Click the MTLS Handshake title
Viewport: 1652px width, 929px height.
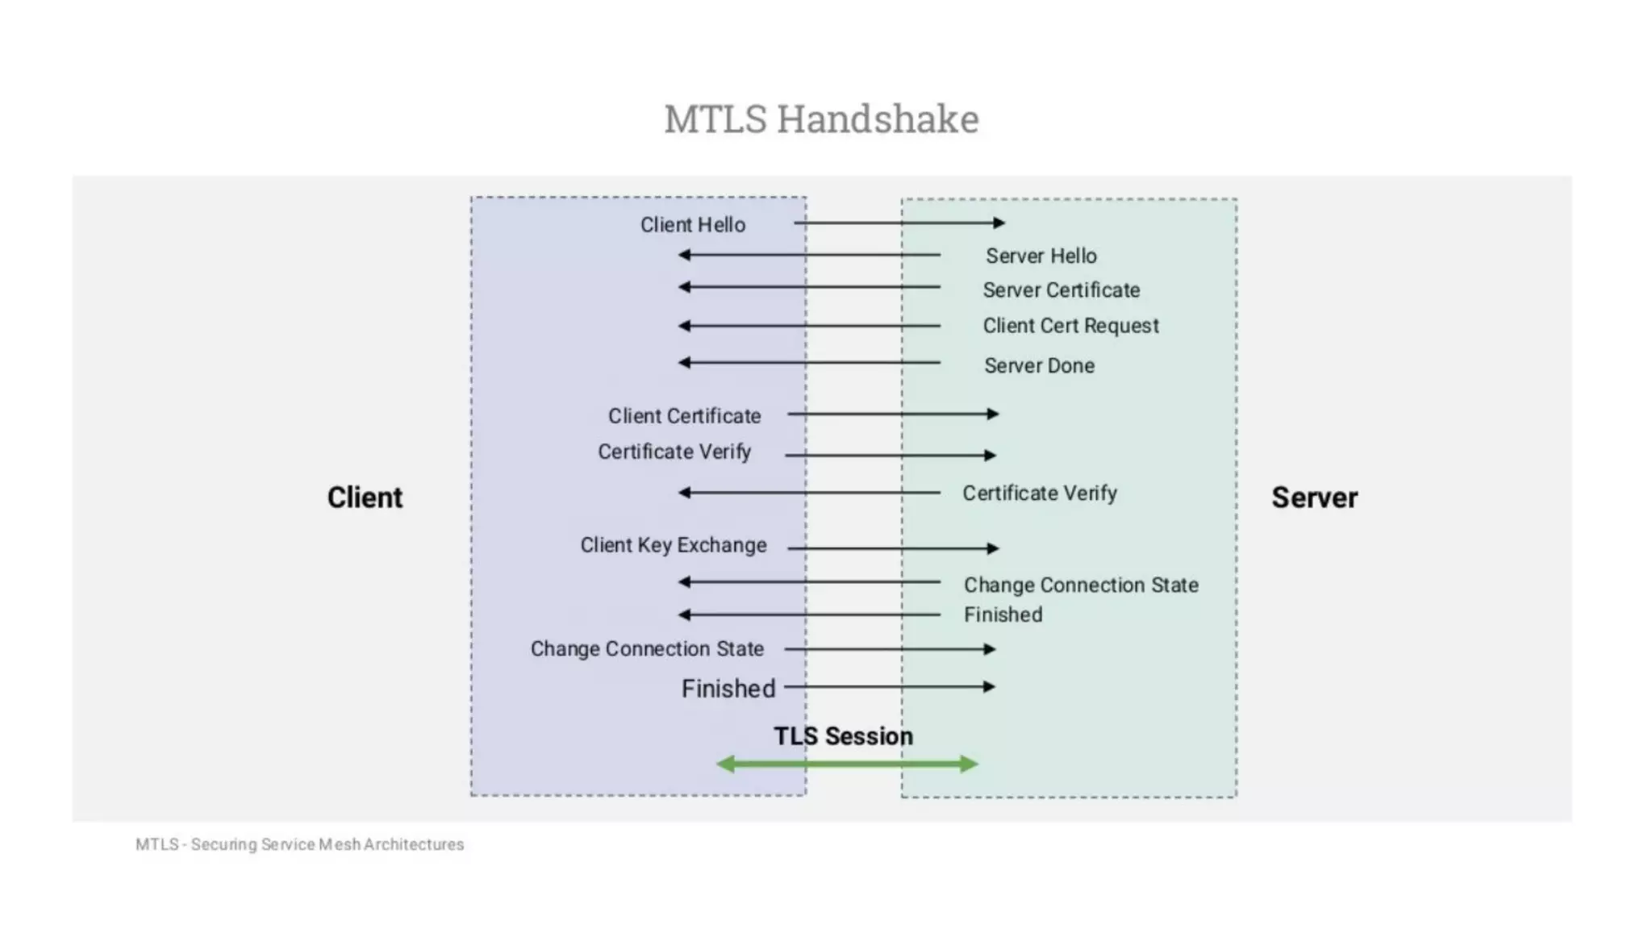(821, 119)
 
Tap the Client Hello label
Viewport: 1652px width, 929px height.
(692, 225)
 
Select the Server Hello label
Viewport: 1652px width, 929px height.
(1041, 256)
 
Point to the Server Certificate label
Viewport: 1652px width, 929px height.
(1061, 290)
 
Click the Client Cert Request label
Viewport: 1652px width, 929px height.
(1070, 326)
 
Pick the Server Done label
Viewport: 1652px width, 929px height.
(1039, 366)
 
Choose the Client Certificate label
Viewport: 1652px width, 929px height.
(684, 416)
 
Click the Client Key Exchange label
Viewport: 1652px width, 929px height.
(673, 546)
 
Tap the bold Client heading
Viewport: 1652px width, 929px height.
(365, 498)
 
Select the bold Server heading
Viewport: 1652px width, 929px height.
(1314, 498)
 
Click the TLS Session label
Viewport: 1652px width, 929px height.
(843, 736)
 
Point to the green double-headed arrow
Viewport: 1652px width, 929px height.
(847, 764)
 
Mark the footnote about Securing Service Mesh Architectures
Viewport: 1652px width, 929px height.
(299, 844)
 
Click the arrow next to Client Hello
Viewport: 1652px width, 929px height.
(899, 223)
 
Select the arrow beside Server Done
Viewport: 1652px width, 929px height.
(809, 363)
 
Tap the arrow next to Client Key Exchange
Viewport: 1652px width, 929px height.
(893, 548)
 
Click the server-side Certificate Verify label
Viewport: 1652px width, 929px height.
(1039, 494)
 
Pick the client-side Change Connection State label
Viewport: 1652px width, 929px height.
(646, 649)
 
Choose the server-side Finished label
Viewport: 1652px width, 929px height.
(1003, 615)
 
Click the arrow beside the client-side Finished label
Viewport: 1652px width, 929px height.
(890, 687)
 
